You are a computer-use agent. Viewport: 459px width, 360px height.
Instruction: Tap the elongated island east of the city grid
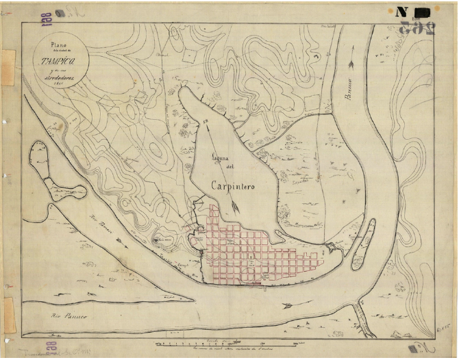(362, 244)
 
